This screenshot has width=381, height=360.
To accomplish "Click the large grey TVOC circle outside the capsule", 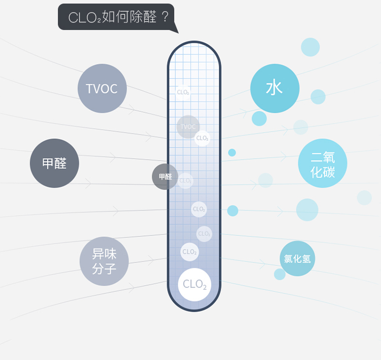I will click(102, 88).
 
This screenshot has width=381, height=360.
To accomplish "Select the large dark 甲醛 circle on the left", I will click(54, 163).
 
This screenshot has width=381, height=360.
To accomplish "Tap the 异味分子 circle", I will click(104, 261).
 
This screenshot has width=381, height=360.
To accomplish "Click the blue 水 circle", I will click(275, 88).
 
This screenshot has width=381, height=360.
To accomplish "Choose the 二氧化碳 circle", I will click(323, 163).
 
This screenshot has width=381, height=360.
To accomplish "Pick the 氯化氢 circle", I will click(298, 258).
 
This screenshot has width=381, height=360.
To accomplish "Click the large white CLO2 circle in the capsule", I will click(195, 284).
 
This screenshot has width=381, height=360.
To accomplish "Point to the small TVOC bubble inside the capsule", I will click(188, 127).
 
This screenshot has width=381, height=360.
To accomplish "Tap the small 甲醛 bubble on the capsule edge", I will click(165, 177).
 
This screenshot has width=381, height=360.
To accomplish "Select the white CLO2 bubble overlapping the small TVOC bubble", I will click(202, 138).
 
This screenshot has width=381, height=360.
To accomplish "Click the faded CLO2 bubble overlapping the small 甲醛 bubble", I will click(186, 181).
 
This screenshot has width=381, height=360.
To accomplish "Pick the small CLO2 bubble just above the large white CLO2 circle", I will click(189, 252).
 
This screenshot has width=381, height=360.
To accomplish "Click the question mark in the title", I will click(165, 17).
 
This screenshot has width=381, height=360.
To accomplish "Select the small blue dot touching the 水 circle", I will click(259, 118).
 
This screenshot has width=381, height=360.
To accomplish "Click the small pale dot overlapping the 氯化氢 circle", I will click(280, 274).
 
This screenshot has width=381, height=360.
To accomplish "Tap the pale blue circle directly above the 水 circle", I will click(310, 47).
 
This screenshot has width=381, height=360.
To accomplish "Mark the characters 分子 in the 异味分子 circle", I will click(104, 268).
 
